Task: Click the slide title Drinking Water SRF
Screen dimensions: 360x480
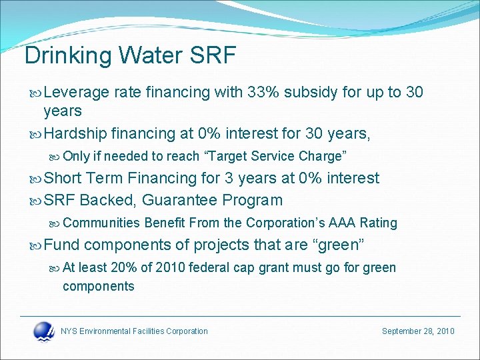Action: click(x=130, y=55)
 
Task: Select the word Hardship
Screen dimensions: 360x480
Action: click(x=75, y=134)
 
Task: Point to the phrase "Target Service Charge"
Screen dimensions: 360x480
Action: click(x=278, y=156)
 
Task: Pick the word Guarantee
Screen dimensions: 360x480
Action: click(x=180, y=200)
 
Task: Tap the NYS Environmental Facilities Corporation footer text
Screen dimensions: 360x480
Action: click(x=134, y=331)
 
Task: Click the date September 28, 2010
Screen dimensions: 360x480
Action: click(x=418, y=331)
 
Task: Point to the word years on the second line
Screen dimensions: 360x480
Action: click(x=63, y=111)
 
